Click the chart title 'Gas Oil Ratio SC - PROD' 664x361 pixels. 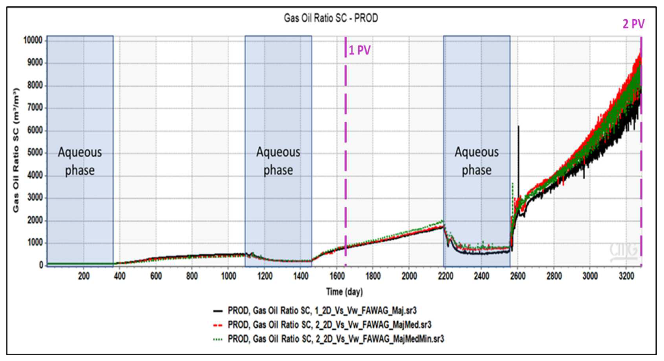pos(331,18)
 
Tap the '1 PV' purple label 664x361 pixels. pos(359,50)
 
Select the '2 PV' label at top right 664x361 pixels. pos(633,24)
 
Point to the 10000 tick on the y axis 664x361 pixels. pos(33,40)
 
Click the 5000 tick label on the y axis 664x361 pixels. pos(35,153)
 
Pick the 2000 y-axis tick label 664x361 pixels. pos(35,220)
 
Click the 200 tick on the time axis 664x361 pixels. pos(84,276)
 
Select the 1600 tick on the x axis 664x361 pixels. pos(337,276)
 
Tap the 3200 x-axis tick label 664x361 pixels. pos(626,276)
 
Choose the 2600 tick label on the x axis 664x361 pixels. pos(518,276)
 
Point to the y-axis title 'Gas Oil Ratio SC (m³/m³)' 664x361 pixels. pos(16,151)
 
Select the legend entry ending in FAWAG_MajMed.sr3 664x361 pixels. pos(329,325)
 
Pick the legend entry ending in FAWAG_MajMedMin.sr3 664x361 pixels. pos(336,339)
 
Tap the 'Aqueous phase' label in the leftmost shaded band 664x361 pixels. pos(80,161)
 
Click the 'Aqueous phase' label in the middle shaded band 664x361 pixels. pos(278,161)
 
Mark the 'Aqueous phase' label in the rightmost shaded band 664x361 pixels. pos(477,161)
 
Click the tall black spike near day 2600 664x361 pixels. pos(518,154)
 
